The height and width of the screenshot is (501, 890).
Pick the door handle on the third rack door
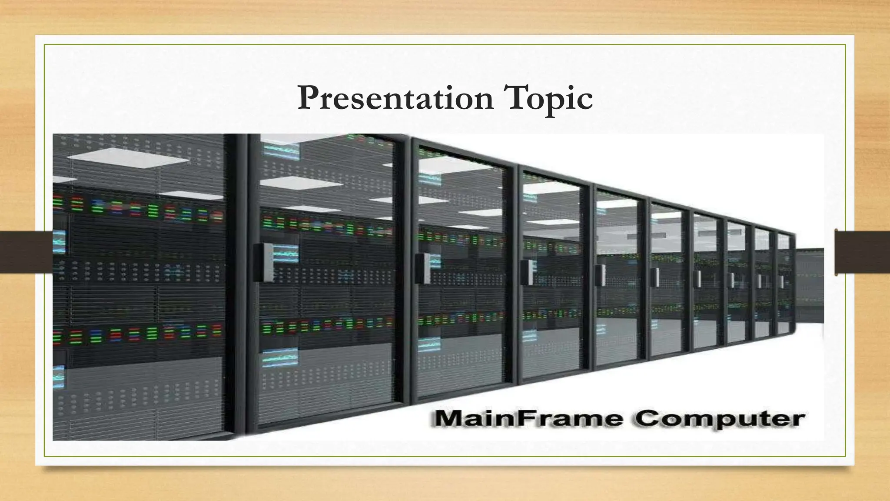coord(527,272)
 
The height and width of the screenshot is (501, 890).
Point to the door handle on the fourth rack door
coord(600,275)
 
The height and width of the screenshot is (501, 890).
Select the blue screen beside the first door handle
coord(286,254)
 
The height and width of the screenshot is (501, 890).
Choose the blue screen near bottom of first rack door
coord(280,357)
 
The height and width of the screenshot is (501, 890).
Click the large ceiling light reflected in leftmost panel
coord(130,156)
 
